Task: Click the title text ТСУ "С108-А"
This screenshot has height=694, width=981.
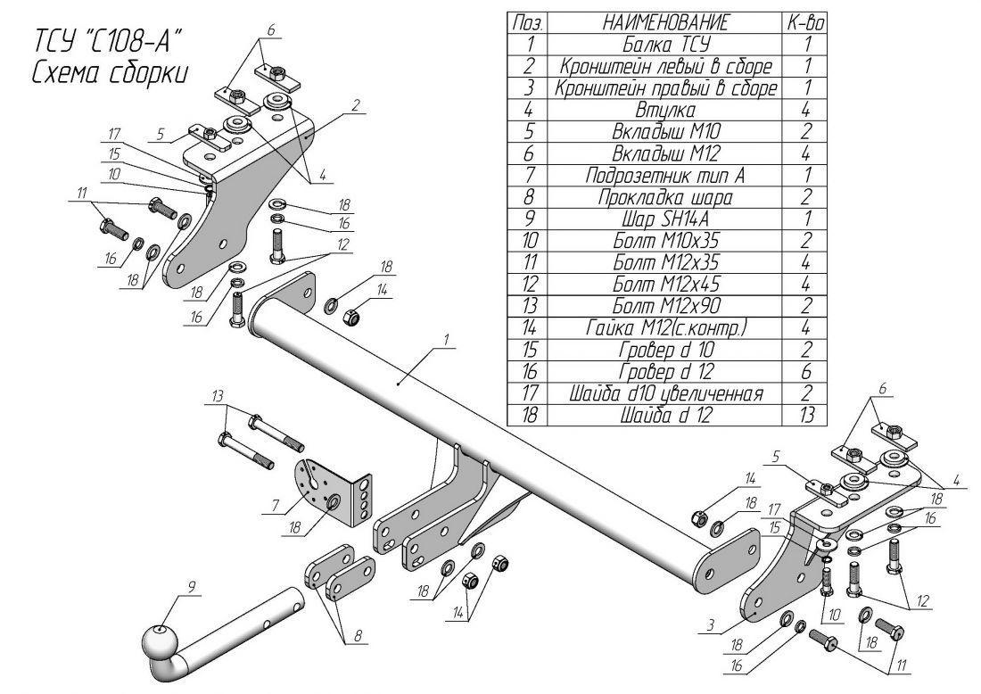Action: [x=114, y=40]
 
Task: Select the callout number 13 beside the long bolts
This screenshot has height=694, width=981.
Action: [x=217, y=395]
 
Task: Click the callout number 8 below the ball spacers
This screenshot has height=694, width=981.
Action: [x=357, y=636]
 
